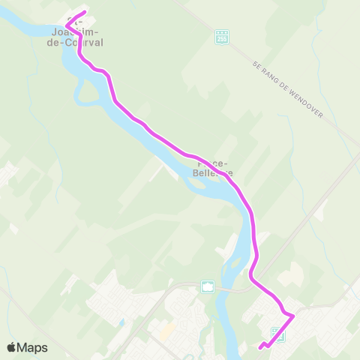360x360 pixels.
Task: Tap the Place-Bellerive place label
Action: (x=214, y=167)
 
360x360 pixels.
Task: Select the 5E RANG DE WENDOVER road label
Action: (x=288, y=93)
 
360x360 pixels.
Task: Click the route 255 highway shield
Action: (x=220, y=36)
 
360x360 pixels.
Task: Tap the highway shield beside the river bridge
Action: (x=208, y=286)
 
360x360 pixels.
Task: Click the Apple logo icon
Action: (x=11, y=347)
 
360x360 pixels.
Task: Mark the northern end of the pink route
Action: (x=85, y=13)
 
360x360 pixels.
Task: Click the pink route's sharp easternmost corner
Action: (x=292, y=316)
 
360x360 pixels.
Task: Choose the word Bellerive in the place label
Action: (x=214, y=172)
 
